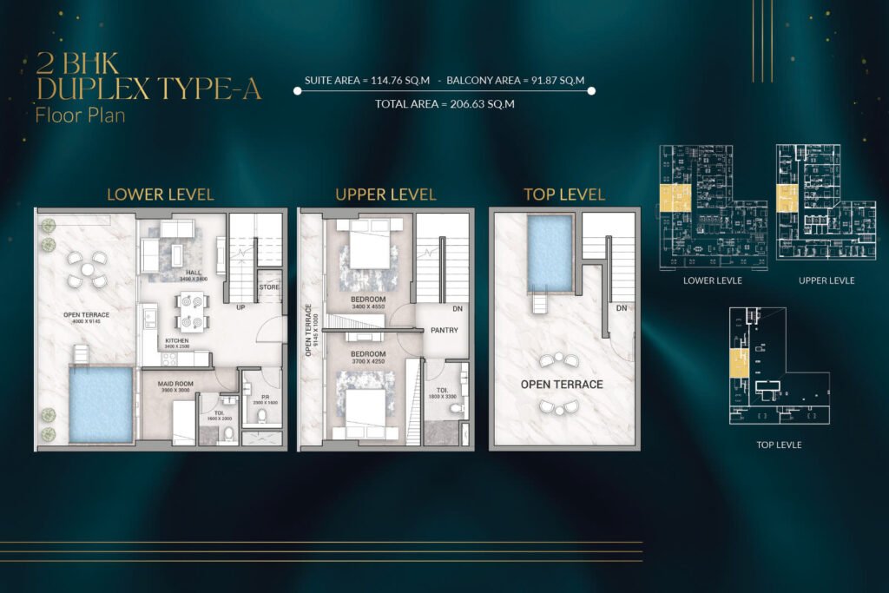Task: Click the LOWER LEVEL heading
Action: click(x=160, y=194)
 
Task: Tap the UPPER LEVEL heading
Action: click(x=385, y=194)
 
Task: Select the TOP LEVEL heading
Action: click(x=564, y=194)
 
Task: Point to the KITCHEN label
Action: click(x=177, y=341)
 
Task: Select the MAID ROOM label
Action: click(x=175, y=383)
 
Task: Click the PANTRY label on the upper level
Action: click(x=444, y=330)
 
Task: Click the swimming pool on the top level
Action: click(x=550, y=253)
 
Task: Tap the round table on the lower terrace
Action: click(x=89, y=269)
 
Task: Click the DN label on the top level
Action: click(x=621, y=308)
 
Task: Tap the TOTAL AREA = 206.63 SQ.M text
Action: click(x=444, y=104)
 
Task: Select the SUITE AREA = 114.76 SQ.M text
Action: click(x=368, y=81)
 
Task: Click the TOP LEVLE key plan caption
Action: click(x=779, y=445)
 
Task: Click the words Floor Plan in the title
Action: click(x=80, y=115)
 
